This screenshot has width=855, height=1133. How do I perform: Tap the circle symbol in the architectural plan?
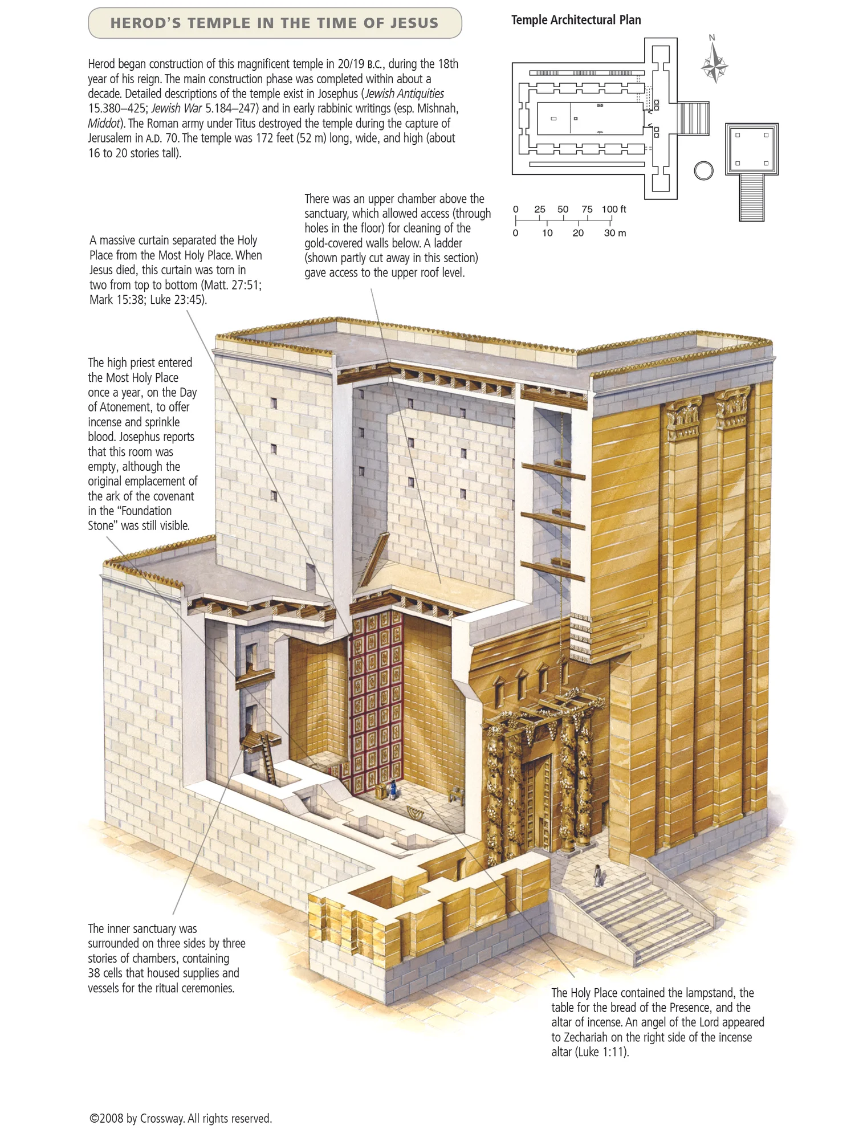[x=704, y=170]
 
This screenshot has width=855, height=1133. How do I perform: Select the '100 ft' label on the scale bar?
[x=613, y=209]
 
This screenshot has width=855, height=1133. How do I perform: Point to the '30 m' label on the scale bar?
[x=614, y=233]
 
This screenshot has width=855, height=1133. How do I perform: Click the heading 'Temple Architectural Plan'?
[x=576, y=20]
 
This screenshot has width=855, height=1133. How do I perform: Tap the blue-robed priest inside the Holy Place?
[x=392, y=789]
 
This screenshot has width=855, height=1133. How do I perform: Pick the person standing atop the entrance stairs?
[x=597, y=875]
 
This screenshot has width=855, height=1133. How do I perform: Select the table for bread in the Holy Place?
[x=455, y=794]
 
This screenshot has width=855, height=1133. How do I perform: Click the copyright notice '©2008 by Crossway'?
[x=181, y=1118]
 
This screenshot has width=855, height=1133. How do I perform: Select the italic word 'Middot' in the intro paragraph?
[x=104, y=123]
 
